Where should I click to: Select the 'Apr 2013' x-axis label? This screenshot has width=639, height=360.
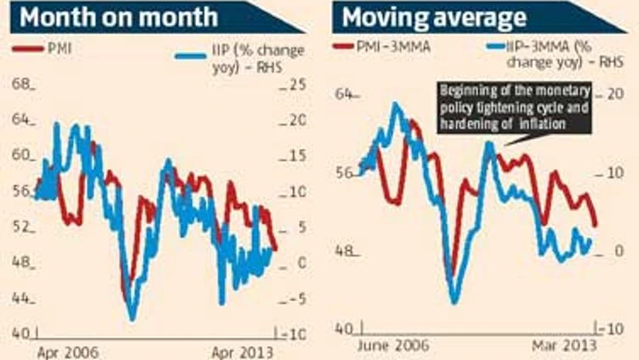click(242, 351)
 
